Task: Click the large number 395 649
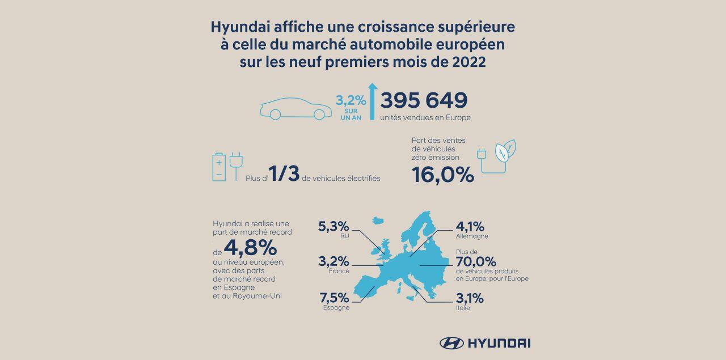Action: [x=424, y=100]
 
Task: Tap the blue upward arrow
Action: [x=372, y=101]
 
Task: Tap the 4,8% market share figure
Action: [x=250, y=247]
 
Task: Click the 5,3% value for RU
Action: [x=335, y=226]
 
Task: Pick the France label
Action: [x=339, y=271]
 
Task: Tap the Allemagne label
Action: [x=472, y=236]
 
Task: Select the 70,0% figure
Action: [x=476, y=261]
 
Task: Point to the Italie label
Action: [x=463, y=308]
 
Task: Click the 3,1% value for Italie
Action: [x=470, y=298]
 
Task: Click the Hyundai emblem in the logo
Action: [x=451, y=342]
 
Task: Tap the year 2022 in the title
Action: [x=466, y=62]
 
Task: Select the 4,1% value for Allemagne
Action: [x=470, y=226]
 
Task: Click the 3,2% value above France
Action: [x=335, y=262]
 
